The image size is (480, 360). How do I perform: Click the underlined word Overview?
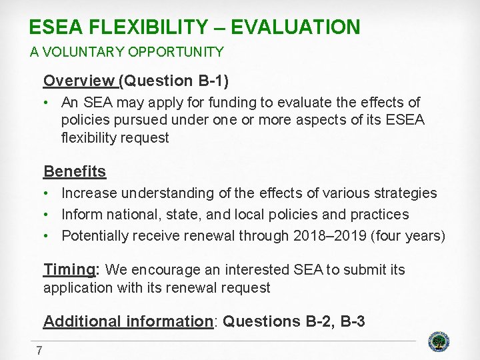pos(79,81)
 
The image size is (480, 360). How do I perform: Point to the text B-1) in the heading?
pos(213,81)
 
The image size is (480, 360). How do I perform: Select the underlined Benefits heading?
pos(75,171)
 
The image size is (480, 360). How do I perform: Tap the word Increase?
pos(90,193)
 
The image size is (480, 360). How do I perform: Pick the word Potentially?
pos(95,236)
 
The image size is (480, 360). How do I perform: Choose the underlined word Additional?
pos(83,321)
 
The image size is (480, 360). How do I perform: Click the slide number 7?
pos(39,351)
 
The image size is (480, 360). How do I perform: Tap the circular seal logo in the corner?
pos(437,341)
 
